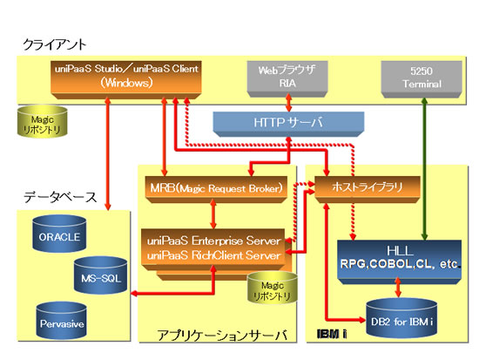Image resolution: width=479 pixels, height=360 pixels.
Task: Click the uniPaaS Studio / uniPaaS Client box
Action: point(126,79)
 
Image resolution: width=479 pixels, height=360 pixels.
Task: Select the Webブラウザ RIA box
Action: point(287,78)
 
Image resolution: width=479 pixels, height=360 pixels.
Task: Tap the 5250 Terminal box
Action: point(422,79)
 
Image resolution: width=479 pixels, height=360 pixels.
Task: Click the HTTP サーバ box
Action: point(288,124)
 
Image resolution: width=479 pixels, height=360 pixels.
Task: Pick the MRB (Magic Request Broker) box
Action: point(216,189)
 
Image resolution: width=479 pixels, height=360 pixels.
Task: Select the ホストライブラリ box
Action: point(368,189)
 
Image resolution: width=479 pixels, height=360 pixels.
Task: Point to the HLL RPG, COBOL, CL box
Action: point(399,262)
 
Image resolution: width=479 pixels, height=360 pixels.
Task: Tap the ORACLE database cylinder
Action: point(59,234)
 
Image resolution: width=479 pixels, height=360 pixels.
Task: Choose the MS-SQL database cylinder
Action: point(101,275)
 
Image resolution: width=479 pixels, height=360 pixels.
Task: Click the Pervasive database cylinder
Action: point(62,321)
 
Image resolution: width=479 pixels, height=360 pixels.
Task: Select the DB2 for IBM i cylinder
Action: point(401,318)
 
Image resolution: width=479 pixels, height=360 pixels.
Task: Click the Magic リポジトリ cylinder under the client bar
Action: point(42,121)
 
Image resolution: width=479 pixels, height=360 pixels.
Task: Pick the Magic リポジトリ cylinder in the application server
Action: point(273,288)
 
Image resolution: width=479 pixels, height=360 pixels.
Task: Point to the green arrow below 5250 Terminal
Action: point(424,169)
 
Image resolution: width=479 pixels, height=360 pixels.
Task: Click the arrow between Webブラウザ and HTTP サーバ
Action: point(288,103)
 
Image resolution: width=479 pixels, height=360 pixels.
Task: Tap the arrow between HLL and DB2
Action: point(398,287)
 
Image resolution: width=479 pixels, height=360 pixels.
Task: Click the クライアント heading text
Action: point(55,45)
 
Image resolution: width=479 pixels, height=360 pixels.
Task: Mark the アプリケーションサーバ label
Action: point(222,336)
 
